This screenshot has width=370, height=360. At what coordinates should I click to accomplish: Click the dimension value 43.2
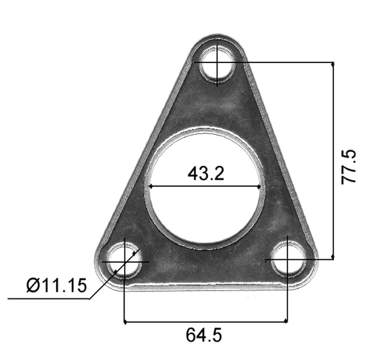(206, 175)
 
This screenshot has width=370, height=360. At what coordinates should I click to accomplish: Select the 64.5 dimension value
(203, 335)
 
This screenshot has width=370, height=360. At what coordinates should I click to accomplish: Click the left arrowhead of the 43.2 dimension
(150, 186)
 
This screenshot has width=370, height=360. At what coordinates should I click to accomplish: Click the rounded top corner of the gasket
(217, 36)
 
